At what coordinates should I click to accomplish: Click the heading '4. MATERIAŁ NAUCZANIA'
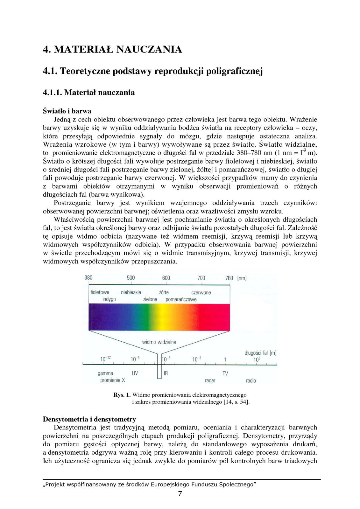point(112,50)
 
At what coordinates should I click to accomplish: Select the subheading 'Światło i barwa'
point(67,111)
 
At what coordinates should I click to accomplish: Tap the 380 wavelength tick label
point(88,278)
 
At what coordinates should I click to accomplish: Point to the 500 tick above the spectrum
point(131,278)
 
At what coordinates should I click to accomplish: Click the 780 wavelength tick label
point(229,278)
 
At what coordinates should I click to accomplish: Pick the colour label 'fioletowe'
point(100,292)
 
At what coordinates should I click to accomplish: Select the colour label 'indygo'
point(109,299)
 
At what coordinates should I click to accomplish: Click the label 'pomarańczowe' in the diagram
point(181,299)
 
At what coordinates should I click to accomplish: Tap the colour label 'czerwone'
point(201,292)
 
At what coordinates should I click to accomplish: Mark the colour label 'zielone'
point(150,299)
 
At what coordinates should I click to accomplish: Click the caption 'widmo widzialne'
point(159,342)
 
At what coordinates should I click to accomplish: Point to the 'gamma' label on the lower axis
point(105,373)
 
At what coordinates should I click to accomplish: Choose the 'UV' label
point(135,373)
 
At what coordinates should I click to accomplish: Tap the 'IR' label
point(166,373)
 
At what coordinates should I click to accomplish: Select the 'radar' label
point(210,380)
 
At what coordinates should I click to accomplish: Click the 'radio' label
point(251,380)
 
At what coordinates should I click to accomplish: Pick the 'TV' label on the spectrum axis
point(225,373)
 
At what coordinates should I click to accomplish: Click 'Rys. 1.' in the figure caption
point(122,395)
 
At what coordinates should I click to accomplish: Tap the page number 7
point(180,494)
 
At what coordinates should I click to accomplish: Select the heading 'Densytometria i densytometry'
point(89,419)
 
